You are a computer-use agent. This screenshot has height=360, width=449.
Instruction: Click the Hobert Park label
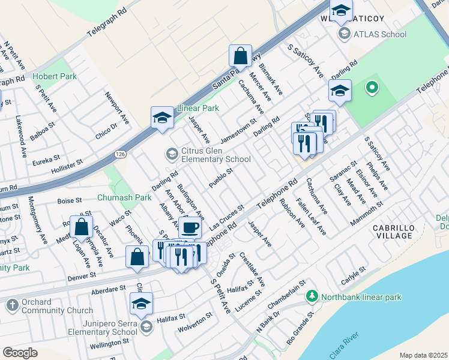55,77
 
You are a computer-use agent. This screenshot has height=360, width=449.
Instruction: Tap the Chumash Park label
125,197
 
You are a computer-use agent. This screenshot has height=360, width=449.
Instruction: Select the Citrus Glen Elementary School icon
172,154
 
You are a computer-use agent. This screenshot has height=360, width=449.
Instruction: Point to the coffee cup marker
190,227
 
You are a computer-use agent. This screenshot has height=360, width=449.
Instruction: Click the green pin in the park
372,88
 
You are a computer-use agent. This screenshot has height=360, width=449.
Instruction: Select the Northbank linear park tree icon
312,296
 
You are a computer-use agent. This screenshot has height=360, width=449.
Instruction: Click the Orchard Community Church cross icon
11,305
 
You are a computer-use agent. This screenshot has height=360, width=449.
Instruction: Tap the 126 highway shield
118,154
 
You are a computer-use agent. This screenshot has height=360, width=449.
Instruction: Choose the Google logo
20,353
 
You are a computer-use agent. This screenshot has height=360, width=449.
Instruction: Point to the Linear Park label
197,108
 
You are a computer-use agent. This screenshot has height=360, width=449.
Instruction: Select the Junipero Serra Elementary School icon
146,327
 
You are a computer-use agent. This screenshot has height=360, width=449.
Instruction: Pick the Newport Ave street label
117,107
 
